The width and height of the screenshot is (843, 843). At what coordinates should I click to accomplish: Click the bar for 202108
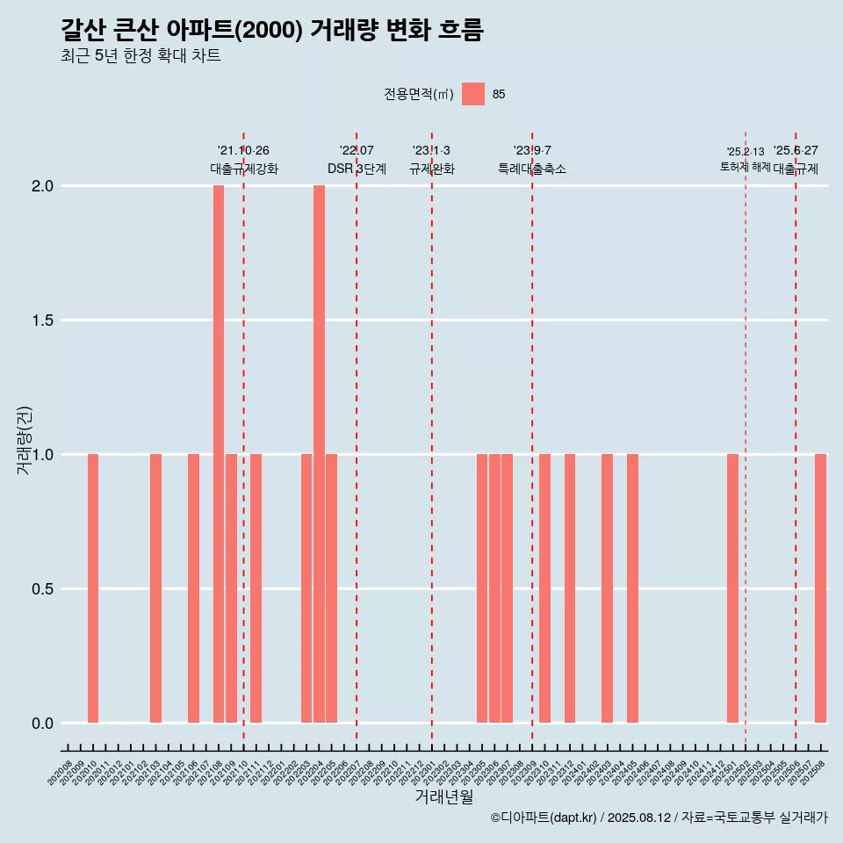[219, 454]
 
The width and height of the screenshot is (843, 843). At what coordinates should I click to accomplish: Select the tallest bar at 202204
[319, 454]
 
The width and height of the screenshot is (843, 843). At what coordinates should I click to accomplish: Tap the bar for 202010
[93, 588]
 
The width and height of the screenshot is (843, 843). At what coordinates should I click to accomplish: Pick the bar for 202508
[820, 588]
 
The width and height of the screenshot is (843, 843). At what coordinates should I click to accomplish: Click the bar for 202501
[732, 588]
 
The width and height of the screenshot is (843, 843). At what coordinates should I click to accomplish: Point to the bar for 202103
[155, 588]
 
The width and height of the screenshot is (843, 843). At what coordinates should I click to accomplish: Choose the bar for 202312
[570, 588]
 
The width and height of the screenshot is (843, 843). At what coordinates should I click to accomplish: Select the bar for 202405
[632, 588]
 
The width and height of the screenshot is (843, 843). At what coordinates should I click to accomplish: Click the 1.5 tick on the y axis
[41, 321]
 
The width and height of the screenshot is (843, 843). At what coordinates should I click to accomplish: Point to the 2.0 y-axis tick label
[41, 186]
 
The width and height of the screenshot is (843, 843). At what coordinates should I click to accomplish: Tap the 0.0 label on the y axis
[41, 724]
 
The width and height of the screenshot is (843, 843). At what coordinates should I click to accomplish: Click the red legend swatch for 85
[473, 94]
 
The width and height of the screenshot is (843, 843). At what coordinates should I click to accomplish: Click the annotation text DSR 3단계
[357, 169]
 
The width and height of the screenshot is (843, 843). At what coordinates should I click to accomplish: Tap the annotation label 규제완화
[432, 169]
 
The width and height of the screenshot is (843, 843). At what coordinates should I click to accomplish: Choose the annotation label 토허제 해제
[745, 167]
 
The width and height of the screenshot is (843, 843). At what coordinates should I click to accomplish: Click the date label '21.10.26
[243, 151]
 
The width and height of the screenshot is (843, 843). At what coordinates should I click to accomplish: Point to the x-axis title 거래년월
[443, 797]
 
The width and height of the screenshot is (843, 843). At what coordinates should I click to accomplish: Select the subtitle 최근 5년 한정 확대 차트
[140, 56]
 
